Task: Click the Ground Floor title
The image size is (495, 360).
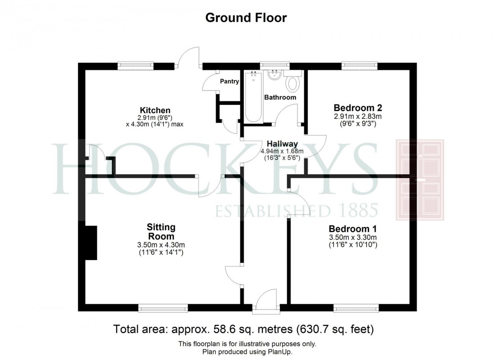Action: [x=246, y=18]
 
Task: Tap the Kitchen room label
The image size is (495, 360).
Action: [x=155, y=110]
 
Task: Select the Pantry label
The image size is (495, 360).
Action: [x=229, y=81]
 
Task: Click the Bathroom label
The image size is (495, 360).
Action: [x=280, y=97]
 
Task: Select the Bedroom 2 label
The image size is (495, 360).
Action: [x=358, y=108]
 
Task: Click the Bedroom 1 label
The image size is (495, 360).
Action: [x=353, y=228]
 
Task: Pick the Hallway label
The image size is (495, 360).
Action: [x=282, y=144]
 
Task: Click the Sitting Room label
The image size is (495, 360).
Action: [x=161, y=231]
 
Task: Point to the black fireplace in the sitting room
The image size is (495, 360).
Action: [x=91, y=243]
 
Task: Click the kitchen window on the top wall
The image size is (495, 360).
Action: [x=135, y=66]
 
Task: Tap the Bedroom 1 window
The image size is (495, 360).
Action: [x=356, y=308]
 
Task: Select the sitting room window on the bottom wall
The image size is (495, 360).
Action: [x=163, y=308]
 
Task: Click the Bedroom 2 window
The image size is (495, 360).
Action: [x=360, y=66]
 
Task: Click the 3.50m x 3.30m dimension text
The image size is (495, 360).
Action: [x=352, y=237]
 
